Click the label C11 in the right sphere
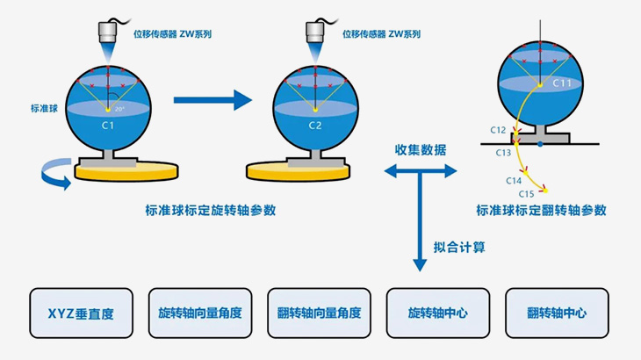563,83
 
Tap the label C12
498,130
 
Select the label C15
527,193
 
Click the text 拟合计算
460,248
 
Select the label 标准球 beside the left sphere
43,109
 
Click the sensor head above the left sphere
108,31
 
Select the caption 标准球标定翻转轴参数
541,211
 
